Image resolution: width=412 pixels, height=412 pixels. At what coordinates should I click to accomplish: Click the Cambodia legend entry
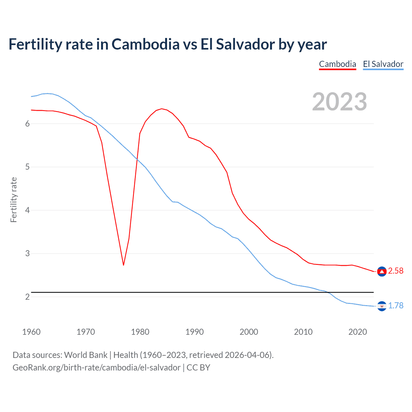(x=337, y=64)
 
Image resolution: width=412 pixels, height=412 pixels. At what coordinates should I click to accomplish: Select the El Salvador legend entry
(x=383, y=64)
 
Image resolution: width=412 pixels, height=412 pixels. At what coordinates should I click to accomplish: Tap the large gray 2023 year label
(x=339, y=102)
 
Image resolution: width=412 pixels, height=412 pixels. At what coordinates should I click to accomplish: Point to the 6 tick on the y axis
(x=27, y=124)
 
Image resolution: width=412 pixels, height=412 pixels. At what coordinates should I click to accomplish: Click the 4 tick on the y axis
(x=27, y=211)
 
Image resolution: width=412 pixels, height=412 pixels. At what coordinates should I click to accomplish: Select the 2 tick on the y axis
(x=27, y=297)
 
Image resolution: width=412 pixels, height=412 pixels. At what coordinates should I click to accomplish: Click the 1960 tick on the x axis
(x=31, y=332)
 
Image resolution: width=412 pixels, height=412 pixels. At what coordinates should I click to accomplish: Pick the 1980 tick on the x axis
(x=140, y=332)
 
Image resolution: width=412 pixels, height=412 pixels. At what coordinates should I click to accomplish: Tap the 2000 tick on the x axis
(x=249, y=332)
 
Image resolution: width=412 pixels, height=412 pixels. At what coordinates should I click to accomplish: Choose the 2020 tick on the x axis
(x=358, y=332)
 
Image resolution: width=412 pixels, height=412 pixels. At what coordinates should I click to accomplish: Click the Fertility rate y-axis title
(x=14, y=200)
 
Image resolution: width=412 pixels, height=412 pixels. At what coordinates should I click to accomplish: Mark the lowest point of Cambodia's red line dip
(x=124, y=265)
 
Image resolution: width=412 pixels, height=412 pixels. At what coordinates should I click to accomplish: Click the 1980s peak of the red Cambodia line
(x=162, y=109)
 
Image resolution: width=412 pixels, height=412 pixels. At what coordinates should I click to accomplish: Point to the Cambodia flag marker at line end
(x=382, y=272)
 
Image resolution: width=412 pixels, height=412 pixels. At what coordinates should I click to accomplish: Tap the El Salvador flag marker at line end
(x=382, y=306)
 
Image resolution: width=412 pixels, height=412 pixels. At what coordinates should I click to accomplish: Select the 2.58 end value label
(x=396, y=271)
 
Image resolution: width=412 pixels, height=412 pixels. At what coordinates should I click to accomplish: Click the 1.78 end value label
(x=396, y=305)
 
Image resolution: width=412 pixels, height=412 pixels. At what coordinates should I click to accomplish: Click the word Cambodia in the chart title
(x=145, y=44)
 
